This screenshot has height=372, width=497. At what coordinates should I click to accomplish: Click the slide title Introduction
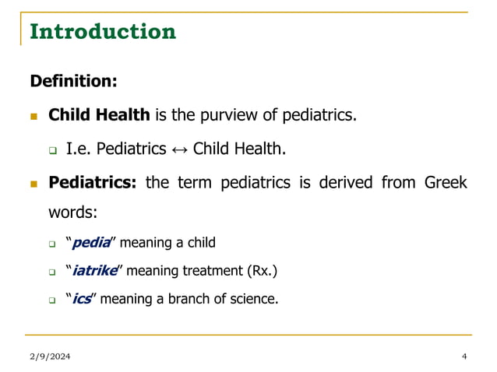coord(102,32)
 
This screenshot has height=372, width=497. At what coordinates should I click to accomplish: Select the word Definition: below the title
coord(73,81)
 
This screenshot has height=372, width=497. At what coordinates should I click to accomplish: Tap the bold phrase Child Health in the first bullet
coord(99,115)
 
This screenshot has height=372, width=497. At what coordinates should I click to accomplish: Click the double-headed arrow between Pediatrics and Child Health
coord(180,149)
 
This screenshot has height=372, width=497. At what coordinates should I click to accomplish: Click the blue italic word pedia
coord(88,244)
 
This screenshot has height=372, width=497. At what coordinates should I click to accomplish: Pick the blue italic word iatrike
coord(95,271)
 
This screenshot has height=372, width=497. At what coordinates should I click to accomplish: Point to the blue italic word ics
coord(82,298)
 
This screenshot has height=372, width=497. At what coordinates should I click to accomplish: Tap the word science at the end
coord(252,298)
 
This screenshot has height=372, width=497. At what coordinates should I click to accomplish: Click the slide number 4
coord(464,356)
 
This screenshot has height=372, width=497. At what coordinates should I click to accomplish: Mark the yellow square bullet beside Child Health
coord(33,116)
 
